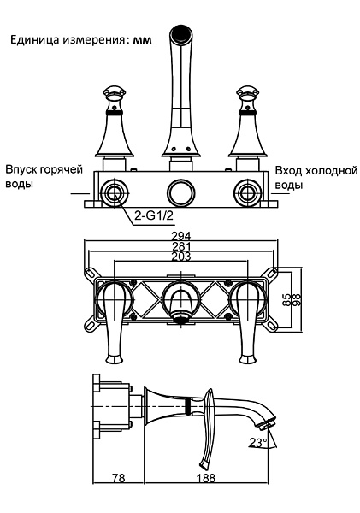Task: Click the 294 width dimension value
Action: pyautogui.click(x=180, y=236)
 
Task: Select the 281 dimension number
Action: pyautogui.click(x=180, y=246)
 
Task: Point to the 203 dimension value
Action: pyautogui.click(x=180, y=256)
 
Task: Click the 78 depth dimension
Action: pyautogui.click(x=118, y=479)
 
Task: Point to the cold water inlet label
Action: pyautogui.click(x=315, y=177)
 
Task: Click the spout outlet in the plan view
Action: pyautogui.click(x=180, y=316)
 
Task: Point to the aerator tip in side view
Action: pyautogui.click(x=269, y=421)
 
